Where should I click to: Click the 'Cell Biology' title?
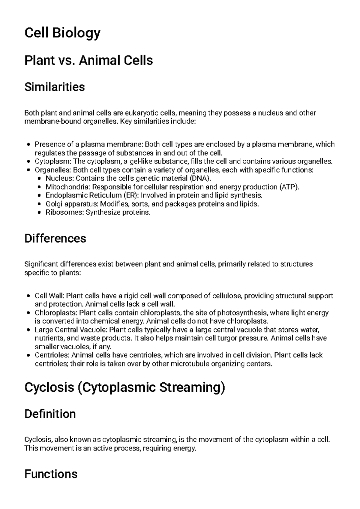click(62, 33)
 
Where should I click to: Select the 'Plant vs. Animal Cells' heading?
click(88, 60)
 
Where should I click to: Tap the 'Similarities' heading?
click(55, 87)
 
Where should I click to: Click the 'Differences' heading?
click(55, 239)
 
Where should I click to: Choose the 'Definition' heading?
click(50, 414)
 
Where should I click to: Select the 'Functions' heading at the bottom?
click(51, 474)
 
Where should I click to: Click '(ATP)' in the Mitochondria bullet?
click(289, 187)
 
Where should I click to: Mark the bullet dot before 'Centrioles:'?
click(28, 355)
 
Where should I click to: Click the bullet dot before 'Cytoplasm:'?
click(28, 162)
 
